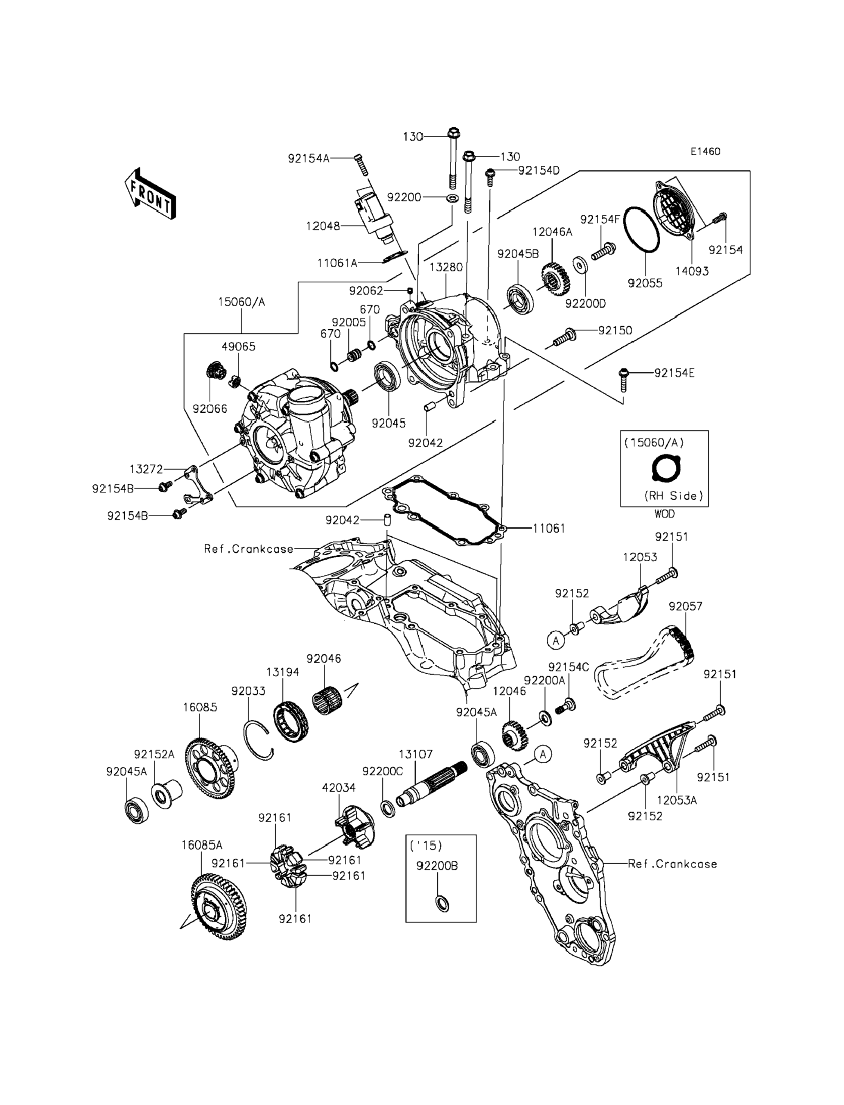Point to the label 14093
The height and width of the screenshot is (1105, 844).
[692, 271]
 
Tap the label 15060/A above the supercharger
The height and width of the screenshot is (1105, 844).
[241, 302]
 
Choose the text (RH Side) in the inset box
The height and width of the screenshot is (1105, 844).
[674, 496]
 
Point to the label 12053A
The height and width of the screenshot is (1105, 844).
[676, 800]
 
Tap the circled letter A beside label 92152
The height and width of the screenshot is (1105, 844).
[555, 641]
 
